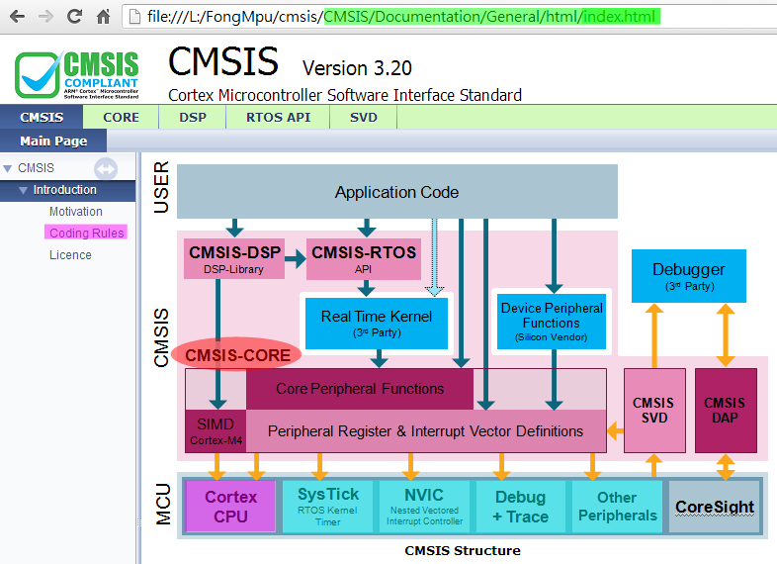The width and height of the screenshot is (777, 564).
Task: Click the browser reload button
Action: pyautogui.click(x=74, y=16)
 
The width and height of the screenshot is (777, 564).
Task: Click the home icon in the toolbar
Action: pyautogui.click(x=103, y=16)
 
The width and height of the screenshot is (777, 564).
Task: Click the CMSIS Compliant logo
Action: pyautogui.click(x=77, y=75)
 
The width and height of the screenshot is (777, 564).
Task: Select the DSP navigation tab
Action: pyautogui.click(x=193, y=117)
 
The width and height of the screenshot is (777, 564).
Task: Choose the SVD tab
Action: pyautogui.click(x=364, y=117)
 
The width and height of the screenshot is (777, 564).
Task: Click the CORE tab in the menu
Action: pyautogui.click(x=122, y=117)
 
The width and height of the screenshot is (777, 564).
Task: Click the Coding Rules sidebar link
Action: pyautogui.click(x=87, y=233)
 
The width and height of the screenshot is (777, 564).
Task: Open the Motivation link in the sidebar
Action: pyautogui.click(x=76, y=212)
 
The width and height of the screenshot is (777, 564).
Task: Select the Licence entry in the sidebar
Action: pyautogui.click(x=70, y=255)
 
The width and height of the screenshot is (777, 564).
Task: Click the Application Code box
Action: pyautogui.click(x=396, y=192)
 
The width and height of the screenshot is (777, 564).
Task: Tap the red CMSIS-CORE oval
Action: pyautogui.click(x=237, y=354)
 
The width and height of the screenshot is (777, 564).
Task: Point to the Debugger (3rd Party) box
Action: pyautogui.click(x=688, y=275)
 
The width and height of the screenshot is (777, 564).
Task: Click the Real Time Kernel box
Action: pyautogui.click(x=371, y=323)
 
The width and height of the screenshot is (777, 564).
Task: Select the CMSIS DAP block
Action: pyautogui.click(x=725, y=410)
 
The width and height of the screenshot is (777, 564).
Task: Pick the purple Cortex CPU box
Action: pyautogui.click(x=229, y=505)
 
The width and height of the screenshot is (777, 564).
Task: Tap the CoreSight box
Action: pyautogui.click(x=714, y=507)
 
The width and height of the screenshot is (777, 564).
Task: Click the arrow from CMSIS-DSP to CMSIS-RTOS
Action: pyautogui.click(x=294, y=260)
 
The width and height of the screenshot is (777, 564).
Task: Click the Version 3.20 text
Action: pyautogui.click(x=356, y=68)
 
